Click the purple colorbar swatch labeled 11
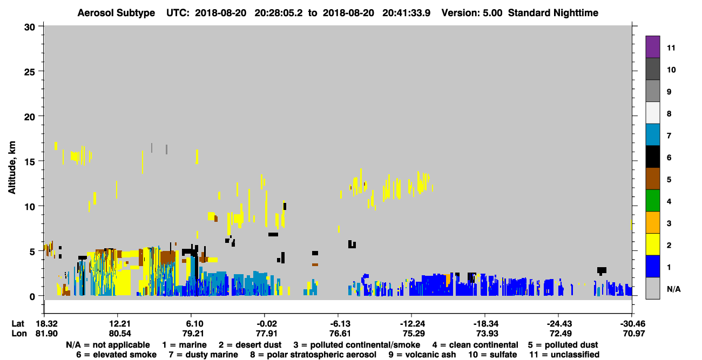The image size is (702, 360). [652, 46]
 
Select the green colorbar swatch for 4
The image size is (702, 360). [652, 201]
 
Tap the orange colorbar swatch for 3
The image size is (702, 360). [652, 222]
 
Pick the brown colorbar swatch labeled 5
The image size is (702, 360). [652, 179]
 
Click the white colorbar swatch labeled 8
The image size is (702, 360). [652, 112]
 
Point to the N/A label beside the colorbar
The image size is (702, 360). [673, 289]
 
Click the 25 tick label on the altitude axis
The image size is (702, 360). [30, 72]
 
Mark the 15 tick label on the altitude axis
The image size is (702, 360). [30, 162]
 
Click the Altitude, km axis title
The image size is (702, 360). [11, 168]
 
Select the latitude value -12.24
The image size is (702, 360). [413, 324]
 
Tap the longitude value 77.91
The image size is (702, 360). [266, 334]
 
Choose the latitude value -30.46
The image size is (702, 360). [633, 324]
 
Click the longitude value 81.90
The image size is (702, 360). [46, 334]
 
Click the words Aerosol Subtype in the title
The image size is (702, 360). [116, 13]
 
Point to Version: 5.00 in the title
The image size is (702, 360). [471, 13]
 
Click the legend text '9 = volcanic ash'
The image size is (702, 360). [422, 355]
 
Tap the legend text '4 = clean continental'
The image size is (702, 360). [475, 345]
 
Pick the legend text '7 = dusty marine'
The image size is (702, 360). [203, 355]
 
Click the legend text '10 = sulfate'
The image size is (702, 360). [492, 355]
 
